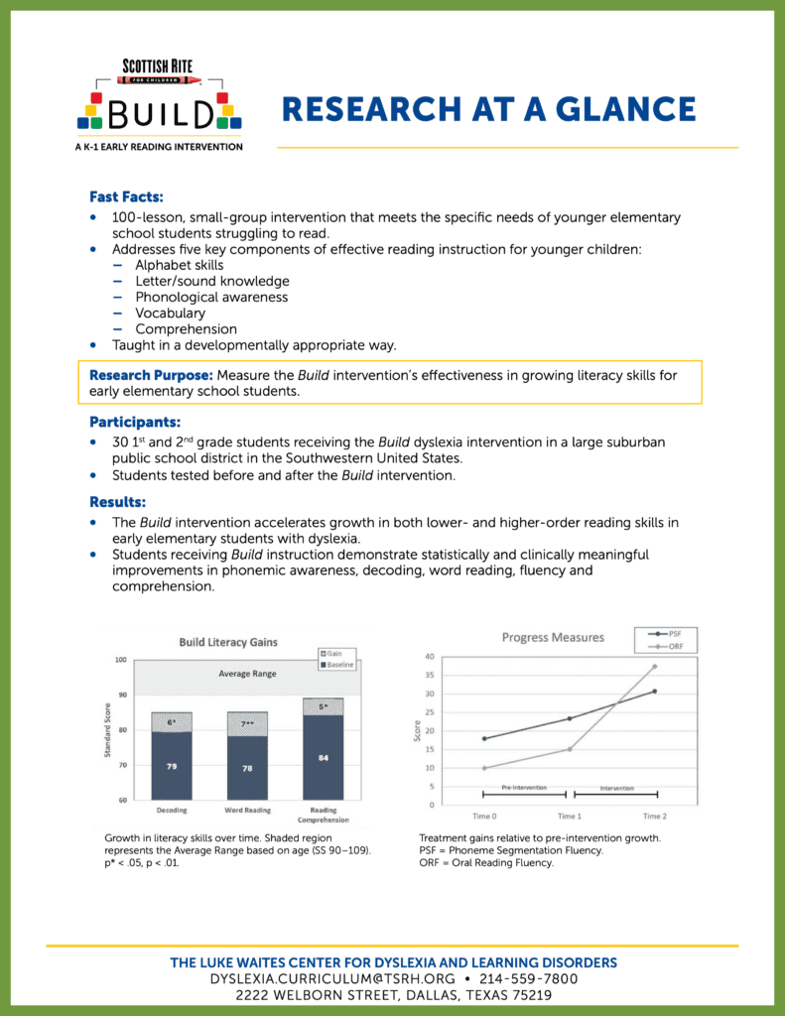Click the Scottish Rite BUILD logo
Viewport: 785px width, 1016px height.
click(160, 104)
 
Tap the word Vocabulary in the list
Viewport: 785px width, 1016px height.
click(170, 313)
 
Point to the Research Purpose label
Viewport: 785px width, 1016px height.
click(151, 375)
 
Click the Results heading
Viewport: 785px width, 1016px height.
click(117, 501)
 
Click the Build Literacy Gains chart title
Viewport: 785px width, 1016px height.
click(228, 642)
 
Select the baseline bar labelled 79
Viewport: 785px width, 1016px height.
click(172, 765)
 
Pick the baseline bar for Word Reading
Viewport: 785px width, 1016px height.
click(247, 767)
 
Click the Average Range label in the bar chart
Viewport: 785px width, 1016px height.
click(246, 674)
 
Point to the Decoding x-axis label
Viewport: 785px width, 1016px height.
click(172, 810)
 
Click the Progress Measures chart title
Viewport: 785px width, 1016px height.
click(553, 637)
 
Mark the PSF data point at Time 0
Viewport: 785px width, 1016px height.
click(484, 738)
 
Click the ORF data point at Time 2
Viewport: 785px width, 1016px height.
click(654, 666)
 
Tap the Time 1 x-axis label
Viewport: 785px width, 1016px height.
click(569, 816)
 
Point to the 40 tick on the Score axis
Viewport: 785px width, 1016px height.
click(429, 656)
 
